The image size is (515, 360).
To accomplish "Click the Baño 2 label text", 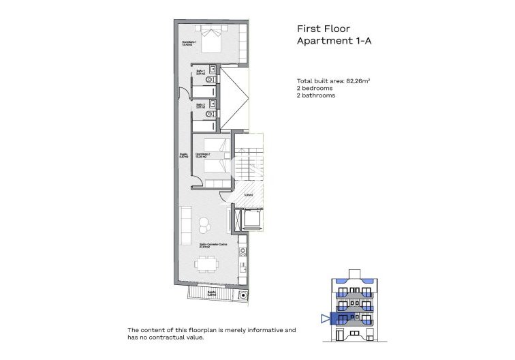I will click(201, 106).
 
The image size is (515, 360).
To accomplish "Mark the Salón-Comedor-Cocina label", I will click(213, 244).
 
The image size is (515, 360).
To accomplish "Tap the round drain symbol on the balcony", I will click(243, 295).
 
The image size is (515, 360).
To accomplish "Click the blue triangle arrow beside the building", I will click(324, 318).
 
